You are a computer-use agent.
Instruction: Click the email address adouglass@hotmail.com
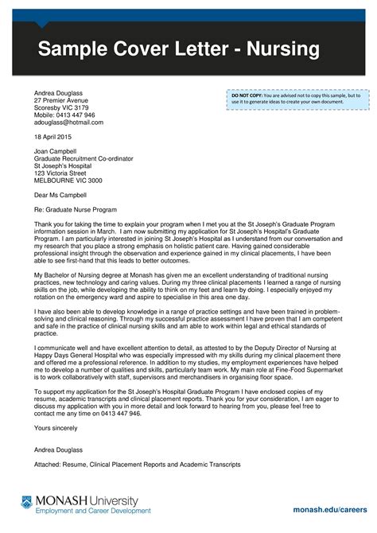tap(68, 123)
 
